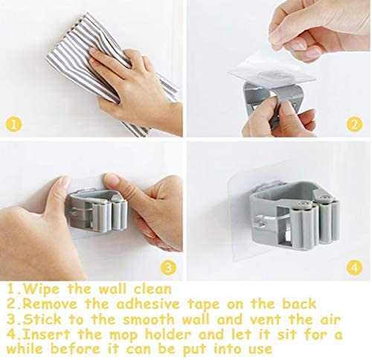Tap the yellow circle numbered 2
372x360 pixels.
[x=354, y=125]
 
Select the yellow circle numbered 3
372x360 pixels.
[x=168, y=268]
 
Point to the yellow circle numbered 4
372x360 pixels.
[x=354, y=268]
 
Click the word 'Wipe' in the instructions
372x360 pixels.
[x=41, y=289]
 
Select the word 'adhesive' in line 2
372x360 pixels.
[x=148, y=304]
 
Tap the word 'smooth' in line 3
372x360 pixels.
[x=149, y=319]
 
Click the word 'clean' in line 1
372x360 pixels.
[x=153, y=289]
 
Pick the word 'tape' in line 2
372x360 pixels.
[x=203, y=304]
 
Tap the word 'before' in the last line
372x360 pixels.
[x=75, y=349]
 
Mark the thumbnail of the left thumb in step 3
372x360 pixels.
[x=65, y=182]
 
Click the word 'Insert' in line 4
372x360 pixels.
[x=46, y=334]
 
